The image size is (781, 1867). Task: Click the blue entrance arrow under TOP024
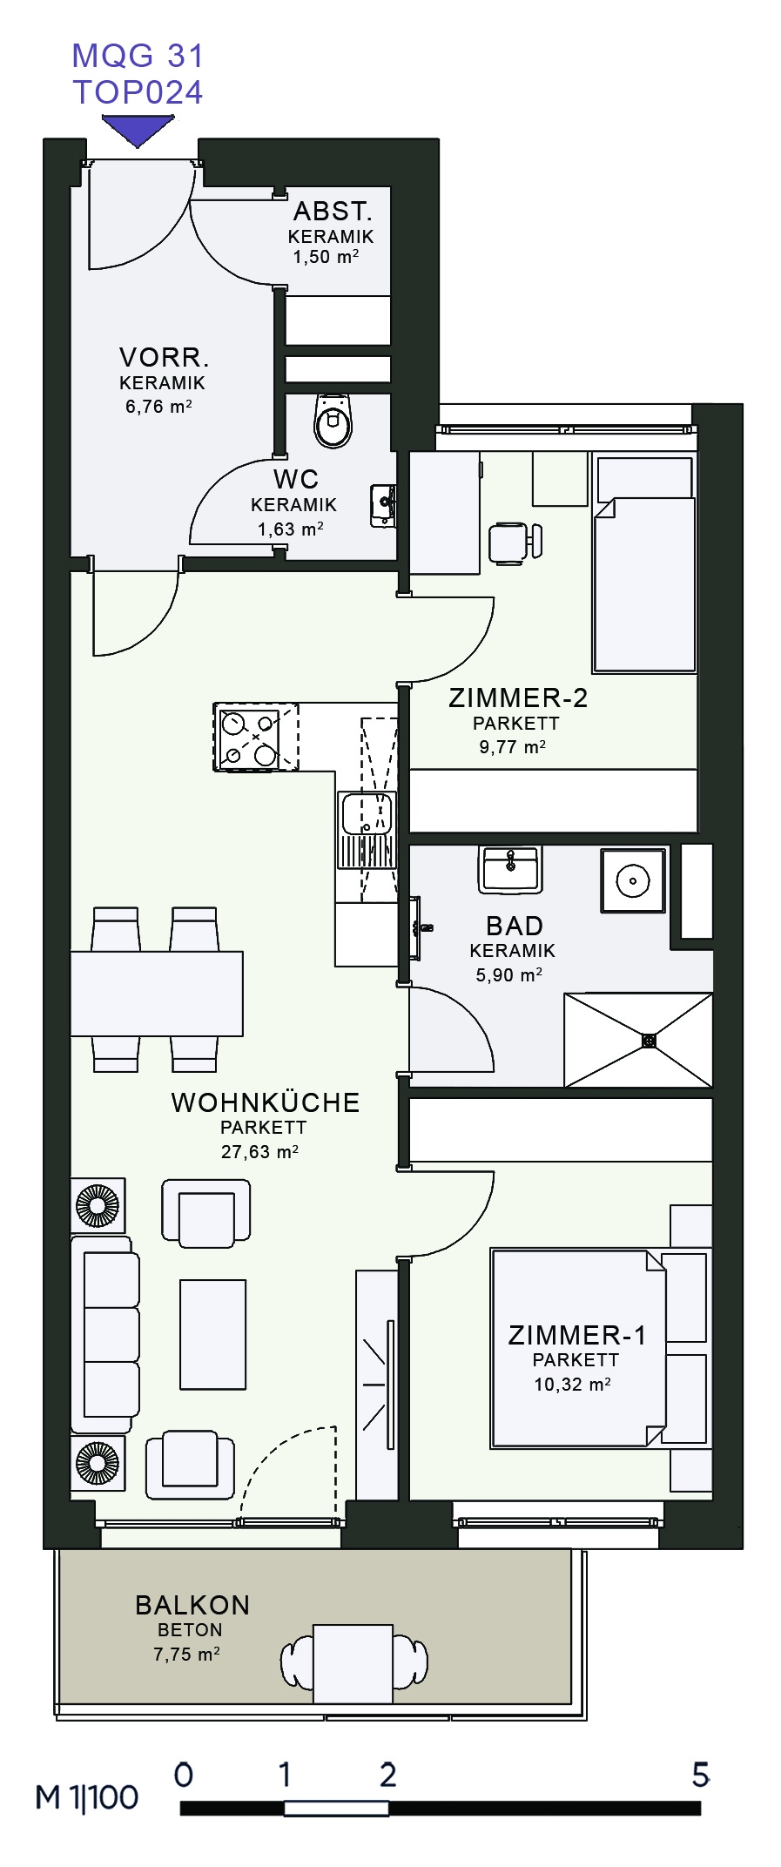(138, 131)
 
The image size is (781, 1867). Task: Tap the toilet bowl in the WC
(333, 421)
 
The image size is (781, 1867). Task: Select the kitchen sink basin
(367, 812)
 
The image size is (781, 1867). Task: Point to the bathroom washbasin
(510, 869)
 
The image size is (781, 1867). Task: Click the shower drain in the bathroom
(649, 1041)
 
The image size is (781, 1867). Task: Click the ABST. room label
(333, 212)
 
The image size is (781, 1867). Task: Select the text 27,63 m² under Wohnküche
(259, 1152)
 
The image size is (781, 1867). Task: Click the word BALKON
(192, 1605)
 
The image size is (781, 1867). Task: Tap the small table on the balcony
(353, 1664)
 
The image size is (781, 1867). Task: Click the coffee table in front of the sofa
(213, 1334)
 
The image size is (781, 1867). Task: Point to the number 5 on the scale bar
(701, 1775)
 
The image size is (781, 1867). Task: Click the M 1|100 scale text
(87, 1797)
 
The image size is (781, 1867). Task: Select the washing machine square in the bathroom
(633, 880)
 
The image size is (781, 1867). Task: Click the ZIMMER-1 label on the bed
(577, 1335)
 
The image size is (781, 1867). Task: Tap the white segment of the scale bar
(336, 1809)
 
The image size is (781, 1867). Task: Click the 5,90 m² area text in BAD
(509, 975)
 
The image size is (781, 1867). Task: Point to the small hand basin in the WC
(383, 505)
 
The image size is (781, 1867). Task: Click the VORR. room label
(164, 358)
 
